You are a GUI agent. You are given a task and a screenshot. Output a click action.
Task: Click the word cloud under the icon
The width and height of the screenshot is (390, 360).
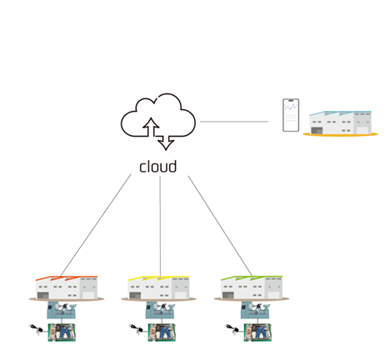(x=157, y=167)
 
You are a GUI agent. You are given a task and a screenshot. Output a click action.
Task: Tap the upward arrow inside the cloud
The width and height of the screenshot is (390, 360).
(x=151, y=127)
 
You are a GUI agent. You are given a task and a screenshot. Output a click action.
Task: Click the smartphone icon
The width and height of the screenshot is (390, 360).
(x=291, y=115)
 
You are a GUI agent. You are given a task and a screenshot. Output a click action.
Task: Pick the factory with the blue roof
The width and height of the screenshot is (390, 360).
(x=341, y=123)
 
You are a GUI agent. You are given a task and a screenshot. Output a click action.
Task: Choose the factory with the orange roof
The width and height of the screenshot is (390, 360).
(x=67, y=288)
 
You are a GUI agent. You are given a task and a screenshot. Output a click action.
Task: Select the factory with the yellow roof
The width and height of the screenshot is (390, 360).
(x=158, y=288)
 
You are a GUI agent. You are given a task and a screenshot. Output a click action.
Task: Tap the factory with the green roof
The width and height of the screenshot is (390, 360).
(x=252, y=288)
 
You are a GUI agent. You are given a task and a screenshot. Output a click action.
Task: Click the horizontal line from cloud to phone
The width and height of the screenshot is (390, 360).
(x=234, y=122)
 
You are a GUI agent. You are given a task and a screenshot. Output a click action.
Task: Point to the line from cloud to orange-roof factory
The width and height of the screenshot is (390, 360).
(x=96, y=225)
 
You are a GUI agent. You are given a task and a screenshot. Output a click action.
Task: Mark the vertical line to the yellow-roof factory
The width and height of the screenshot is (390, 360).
(x=160, y=226)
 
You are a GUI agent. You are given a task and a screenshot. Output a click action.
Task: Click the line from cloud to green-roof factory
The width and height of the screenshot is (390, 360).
(x=220, y=226)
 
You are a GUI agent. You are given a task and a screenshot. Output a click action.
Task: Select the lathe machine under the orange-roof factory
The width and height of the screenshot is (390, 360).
(x=62, y=310)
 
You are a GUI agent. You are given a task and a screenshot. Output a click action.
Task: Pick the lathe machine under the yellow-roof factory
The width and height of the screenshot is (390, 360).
(x=160, y=310)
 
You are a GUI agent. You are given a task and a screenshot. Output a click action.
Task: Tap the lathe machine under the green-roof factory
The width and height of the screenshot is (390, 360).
(x=255, y=310)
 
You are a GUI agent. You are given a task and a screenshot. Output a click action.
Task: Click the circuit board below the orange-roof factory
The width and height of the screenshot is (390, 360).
(x=62, y=332)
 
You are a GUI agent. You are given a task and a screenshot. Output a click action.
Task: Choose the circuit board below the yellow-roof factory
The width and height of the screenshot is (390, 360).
(x=162, y=332)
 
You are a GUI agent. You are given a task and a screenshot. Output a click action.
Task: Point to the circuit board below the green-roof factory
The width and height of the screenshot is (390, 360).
(x=257, y=332)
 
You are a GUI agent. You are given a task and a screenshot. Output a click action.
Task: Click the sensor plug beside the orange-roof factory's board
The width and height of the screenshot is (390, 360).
(x=36, y=329)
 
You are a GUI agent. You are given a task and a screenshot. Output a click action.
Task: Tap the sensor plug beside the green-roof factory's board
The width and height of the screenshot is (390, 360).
(x=232, y=329)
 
